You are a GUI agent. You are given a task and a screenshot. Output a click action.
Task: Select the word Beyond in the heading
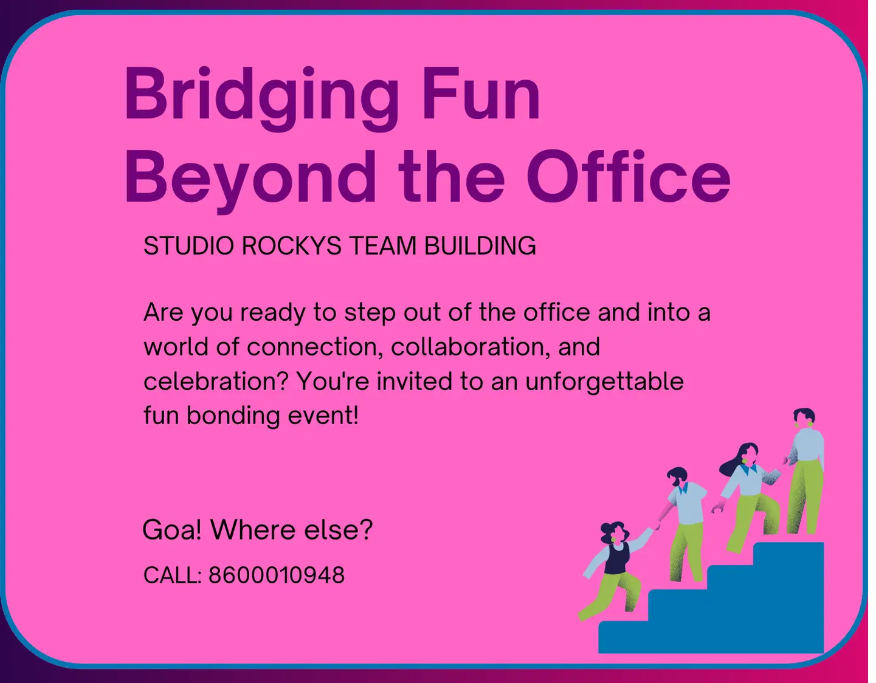point(250,178)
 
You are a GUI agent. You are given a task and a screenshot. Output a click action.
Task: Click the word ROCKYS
point(291,246)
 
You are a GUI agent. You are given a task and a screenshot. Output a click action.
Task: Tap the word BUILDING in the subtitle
point(480,246)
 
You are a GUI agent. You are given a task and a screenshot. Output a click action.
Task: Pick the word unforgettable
point(604,382)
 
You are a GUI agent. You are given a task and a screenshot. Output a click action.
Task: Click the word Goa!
point(172,530)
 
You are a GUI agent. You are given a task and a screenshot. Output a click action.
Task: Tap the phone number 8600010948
point(277,575)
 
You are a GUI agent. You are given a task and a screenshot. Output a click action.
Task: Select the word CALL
point(171,575)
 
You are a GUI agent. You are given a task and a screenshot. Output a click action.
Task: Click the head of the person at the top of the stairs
point(804,418)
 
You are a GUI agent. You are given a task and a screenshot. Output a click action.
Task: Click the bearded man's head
point(677,476)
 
